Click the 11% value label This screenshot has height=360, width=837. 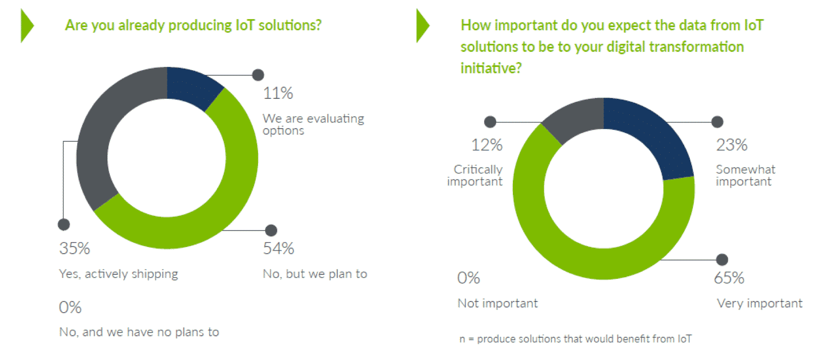point(278,93)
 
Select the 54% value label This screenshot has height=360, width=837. point(278,248)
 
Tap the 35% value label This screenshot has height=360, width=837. point(74,248)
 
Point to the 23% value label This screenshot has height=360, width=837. point(732,145)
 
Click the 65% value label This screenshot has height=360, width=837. point(729,278)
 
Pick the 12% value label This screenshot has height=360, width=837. point(487,145)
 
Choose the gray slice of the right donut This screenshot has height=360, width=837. point(577,116)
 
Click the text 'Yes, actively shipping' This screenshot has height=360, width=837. point(118,274)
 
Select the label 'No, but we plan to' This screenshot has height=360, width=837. point(315,274)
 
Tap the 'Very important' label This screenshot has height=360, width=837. point(759,303)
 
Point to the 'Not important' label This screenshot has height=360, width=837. point(497,303)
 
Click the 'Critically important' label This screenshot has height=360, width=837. point(475,175)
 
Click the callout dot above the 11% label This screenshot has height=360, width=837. point(258,75)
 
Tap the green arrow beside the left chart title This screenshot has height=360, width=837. point(27,26)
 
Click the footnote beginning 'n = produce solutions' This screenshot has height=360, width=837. point(575,339)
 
